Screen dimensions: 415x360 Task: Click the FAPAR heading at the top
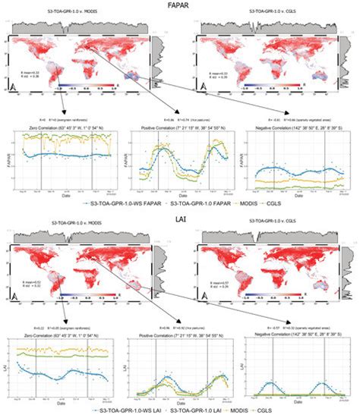pyautogui.click(x=180, y=5)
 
